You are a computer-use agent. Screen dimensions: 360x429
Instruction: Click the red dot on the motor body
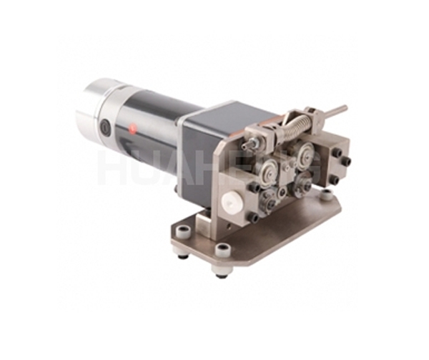(x=133, y=129)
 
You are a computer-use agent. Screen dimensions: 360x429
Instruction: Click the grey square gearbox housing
(x=207, y=143)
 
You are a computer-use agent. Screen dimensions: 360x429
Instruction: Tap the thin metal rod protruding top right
(x=333, y=112)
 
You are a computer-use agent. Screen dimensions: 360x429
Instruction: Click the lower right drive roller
(x=303, y=186)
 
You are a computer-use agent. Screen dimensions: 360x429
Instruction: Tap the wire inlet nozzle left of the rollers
(x=250, y=146)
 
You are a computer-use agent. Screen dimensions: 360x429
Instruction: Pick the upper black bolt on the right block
(x=336, y=152)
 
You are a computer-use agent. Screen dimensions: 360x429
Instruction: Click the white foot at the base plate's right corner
(x=328, y=193)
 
